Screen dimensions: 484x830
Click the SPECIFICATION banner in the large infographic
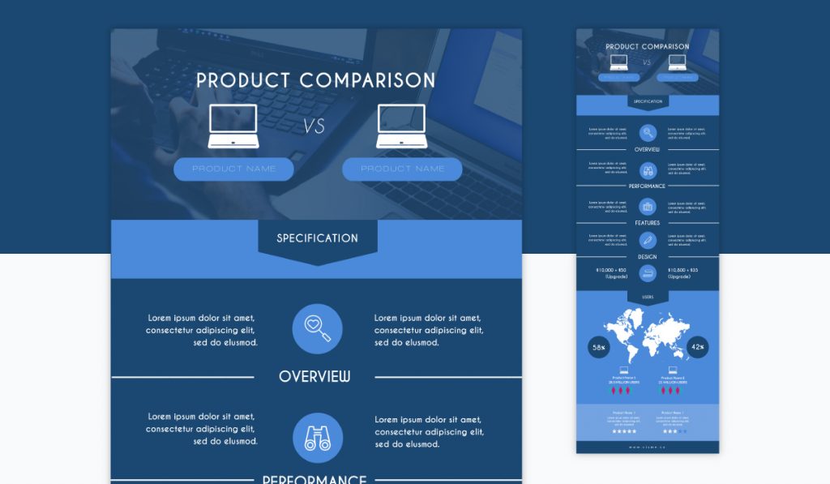tap(317, 238)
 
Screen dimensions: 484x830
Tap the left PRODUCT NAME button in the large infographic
tap(233, 169)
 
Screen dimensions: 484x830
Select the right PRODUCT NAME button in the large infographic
tap(402, 169)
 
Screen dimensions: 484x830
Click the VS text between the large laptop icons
tap(314, 126)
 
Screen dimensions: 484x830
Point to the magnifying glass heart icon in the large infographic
tap(317, 328)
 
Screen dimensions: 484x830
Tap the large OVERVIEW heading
tap(314, 377)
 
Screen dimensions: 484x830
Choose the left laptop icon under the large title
tap(233, 126)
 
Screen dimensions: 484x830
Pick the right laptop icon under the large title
tap(402, 126)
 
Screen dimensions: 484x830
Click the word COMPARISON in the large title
tap(367, 80)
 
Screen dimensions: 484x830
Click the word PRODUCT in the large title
tap(242, 80)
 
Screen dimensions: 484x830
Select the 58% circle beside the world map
tap(599, 348)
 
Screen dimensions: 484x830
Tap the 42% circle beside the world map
tap(697, 348)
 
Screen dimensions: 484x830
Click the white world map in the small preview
tap(647, 336)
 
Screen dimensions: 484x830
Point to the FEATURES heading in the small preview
tap(648, 223)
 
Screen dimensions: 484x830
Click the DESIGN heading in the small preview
tap(648, 257)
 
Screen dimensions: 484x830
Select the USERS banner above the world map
tap(648, 298)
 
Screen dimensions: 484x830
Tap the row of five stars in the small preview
tap(624, 431)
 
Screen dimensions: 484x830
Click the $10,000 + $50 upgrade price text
tap(611, 272)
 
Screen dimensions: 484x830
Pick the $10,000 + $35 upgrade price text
tap(682, 272)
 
